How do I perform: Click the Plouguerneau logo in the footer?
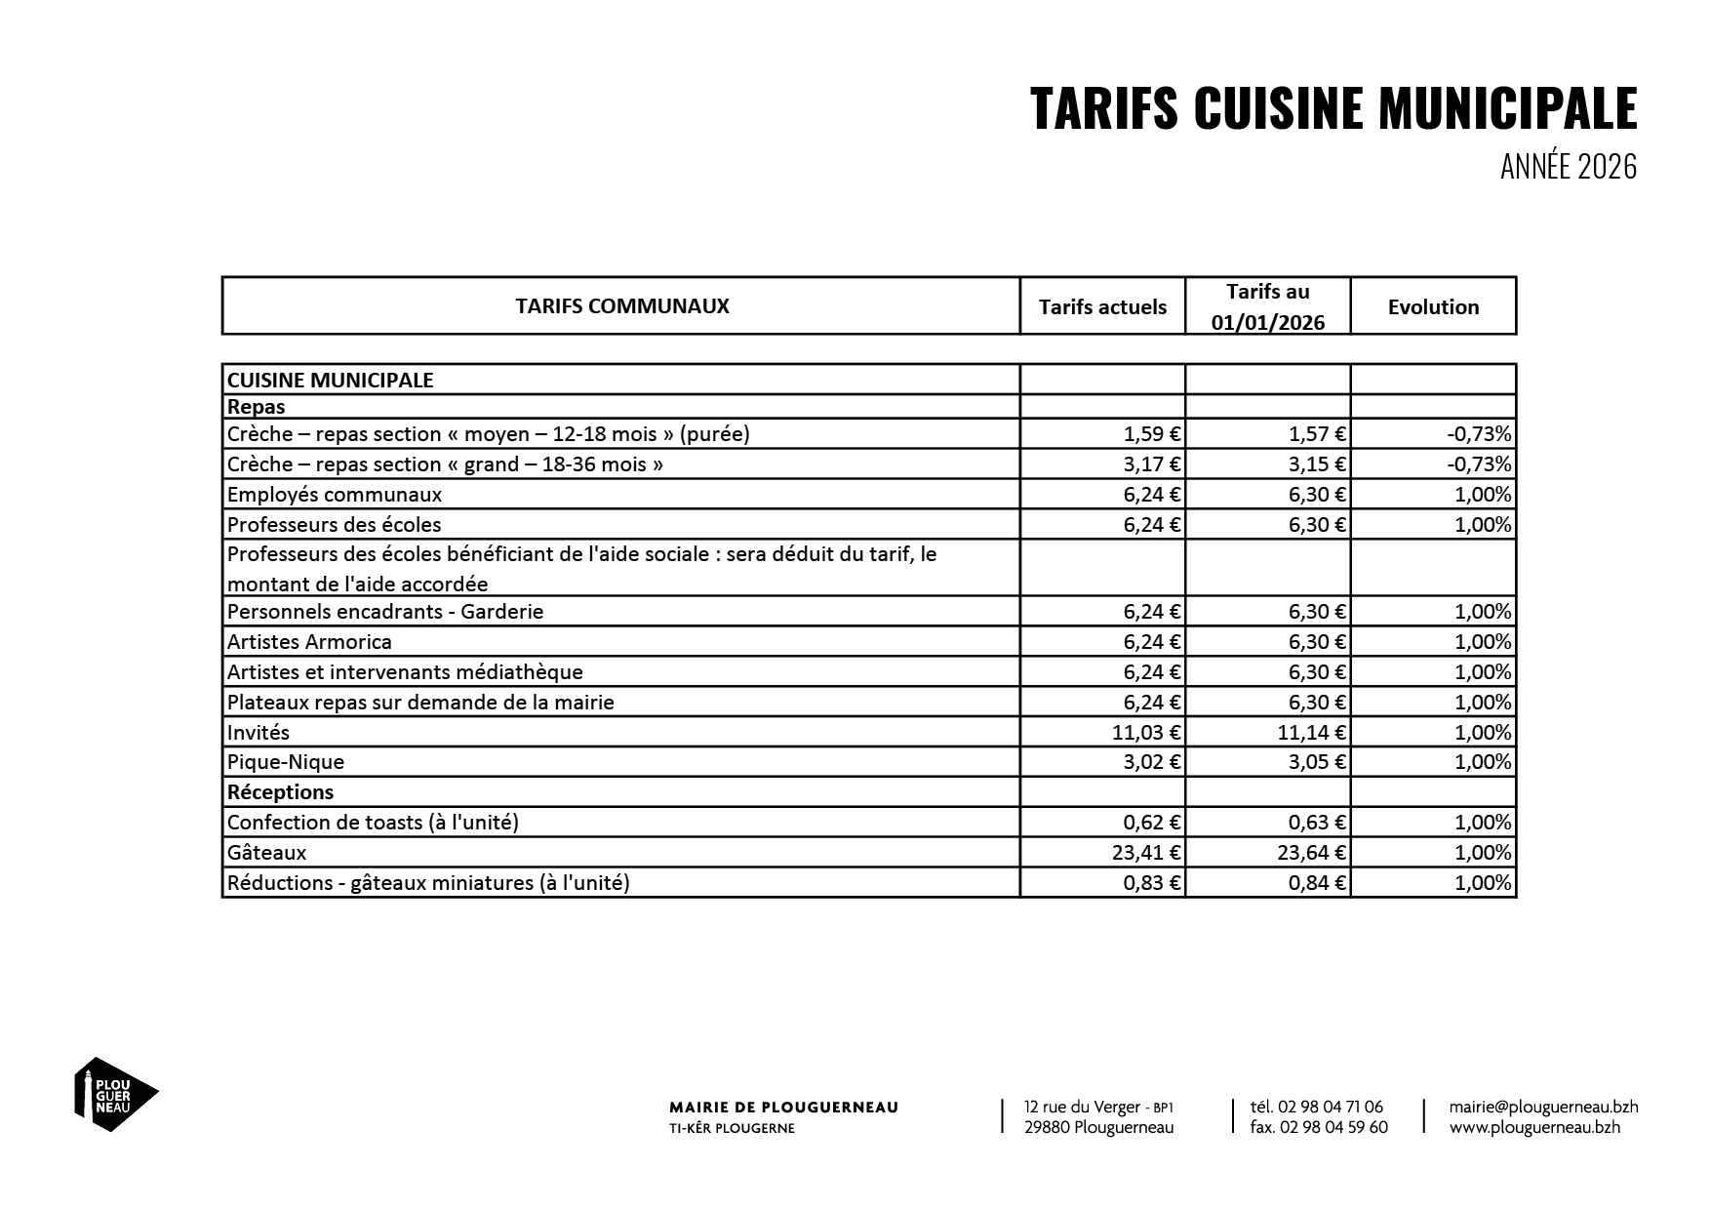click(x=115, y=1094)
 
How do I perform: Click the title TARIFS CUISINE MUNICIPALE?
click(x=1333, y=108)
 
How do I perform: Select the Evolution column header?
click(x=1433, y=307)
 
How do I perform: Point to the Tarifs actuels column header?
click(x=1102, y=307)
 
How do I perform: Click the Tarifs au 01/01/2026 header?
click(x=1268, y=306)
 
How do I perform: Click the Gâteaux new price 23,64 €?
click(x=1312, y=853)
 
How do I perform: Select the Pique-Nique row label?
click(x=286, y=762)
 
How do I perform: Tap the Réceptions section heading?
click(x=281, y=792)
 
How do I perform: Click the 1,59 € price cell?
click(x=1152, y=434)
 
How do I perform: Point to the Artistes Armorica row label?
click(x=309, y=642)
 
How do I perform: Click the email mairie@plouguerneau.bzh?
click(x=1543, y=1107)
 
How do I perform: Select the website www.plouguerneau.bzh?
click(x=1534, y=1127)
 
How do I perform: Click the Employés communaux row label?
click(x=335, y=495)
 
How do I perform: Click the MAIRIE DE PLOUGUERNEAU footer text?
click(x=783, y=1108)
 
